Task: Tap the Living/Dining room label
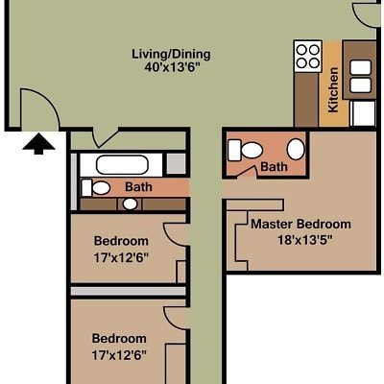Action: click(x=171, y=54)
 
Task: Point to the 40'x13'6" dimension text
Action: click(x=172, y=68)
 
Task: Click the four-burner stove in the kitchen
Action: click(x=308, y=56)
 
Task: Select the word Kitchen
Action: click(x=333, y=89)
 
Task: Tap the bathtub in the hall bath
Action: click(x=122, y=165)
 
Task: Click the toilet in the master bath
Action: click(x=246, y=150)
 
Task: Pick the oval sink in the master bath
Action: click(x=296, y=150)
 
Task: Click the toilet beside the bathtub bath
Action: click(x=96, y=188)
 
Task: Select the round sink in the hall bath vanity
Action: click(x=131, y=204)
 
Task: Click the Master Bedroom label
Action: click(x=300, y=224)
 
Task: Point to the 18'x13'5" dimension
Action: click(x=305, y=240)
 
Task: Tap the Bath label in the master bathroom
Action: click(x=274, y=167)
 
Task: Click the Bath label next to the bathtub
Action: click(x=138, y=187)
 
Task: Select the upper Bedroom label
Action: click(x=121, y=241)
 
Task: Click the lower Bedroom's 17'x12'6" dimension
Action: click(x=119, y=355)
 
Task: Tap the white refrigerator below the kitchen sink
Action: click(x=363, y=113)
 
